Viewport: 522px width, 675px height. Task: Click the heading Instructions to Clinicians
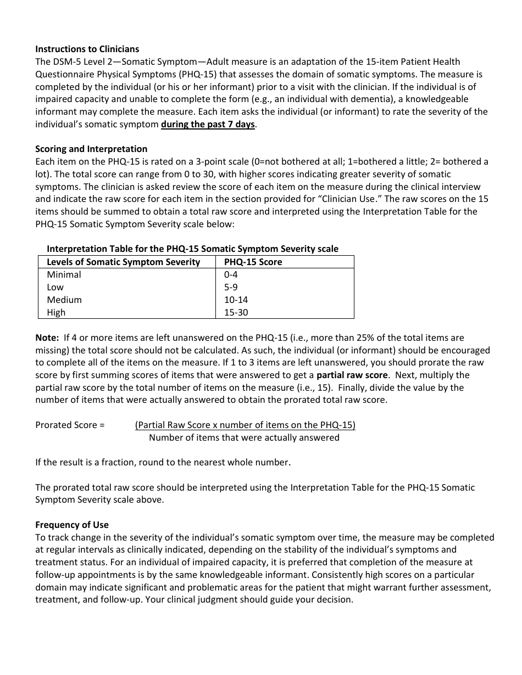[x=87, y=49]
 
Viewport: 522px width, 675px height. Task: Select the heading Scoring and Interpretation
[x=91, y=149]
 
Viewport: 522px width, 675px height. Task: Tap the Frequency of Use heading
[x=72, y=524]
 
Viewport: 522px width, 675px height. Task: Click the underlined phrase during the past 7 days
[x=208, y=124]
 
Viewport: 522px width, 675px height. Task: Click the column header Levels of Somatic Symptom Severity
[x=123, y=262]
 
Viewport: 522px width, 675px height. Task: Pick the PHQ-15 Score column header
[x=253, y=262]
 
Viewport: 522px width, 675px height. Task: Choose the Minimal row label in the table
[x=64, y=274]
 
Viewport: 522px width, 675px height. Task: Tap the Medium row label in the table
[x=64, y=300]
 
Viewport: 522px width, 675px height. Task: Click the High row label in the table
[x=56, y=312]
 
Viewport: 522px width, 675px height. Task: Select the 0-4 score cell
[x=231, y=274]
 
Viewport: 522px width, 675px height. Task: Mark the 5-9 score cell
[x=231, y=287]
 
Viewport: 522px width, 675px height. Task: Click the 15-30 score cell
[x=236, y=312]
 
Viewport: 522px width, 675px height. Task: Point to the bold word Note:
[x=47, y=337]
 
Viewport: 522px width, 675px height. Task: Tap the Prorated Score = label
[x=70, y=425]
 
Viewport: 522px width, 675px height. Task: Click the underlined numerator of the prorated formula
[x=245, y=425]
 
